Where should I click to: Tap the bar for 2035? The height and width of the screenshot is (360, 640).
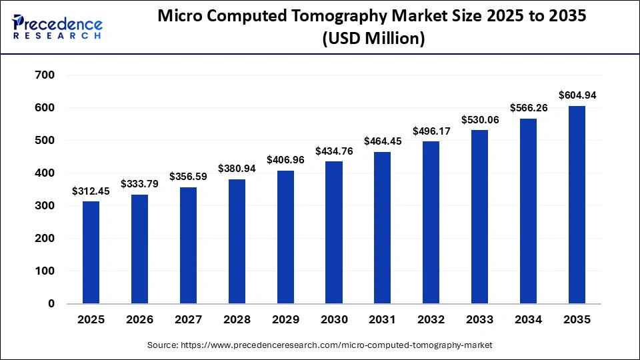click(577, 205)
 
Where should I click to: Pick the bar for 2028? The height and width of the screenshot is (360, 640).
click(237, 241)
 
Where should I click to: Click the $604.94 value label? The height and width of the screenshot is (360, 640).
click(577, 95)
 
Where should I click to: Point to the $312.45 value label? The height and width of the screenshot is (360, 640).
click(91, 191)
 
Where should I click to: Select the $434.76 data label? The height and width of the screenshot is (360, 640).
click(334, 151)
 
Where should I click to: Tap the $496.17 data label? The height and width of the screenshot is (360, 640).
click(431, 131)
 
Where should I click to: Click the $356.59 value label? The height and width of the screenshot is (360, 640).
click(189, 177)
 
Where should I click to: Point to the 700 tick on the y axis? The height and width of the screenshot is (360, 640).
click(45, 75)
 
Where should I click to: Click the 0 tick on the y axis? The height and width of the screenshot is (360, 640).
click(51, 304)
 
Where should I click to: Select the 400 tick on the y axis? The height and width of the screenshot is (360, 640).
click(45, 173)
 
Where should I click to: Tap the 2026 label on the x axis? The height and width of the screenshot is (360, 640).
click(139, 320)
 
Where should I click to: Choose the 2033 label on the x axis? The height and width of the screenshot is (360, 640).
click(480, 320)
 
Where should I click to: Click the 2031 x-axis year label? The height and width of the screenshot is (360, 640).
click(383, 320)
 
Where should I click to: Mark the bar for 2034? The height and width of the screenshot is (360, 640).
click(529, 211)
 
